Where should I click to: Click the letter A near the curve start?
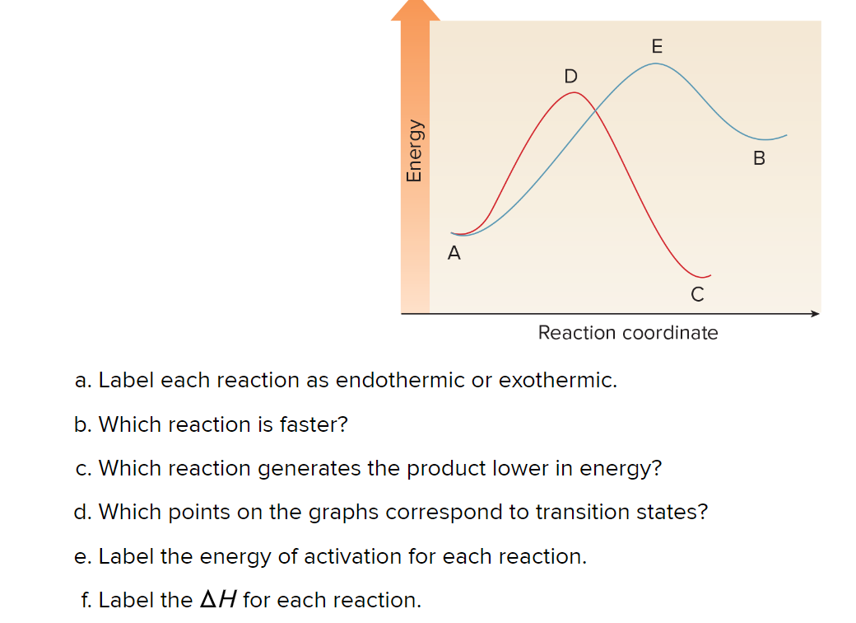click(x=454, y=254)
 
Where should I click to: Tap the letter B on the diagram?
click(x=759, y=158)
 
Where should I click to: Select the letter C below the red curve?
click(x=697, y=294)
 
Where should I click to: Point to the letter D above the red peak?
click(x=570, y=77)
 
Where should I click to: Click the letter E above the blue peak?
click(x=656, y=46)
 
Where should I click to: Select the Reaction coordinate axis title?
click(x=627, y=333)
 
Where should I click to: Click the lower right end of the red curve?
click(x=708, y=276)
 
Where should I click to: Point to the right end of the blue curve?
click(x=785, y=134)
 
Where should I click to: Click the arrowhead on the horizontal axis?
click(x=815, y=313)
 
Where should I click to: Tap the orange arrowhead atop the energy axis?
click(x=415, y=10)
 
